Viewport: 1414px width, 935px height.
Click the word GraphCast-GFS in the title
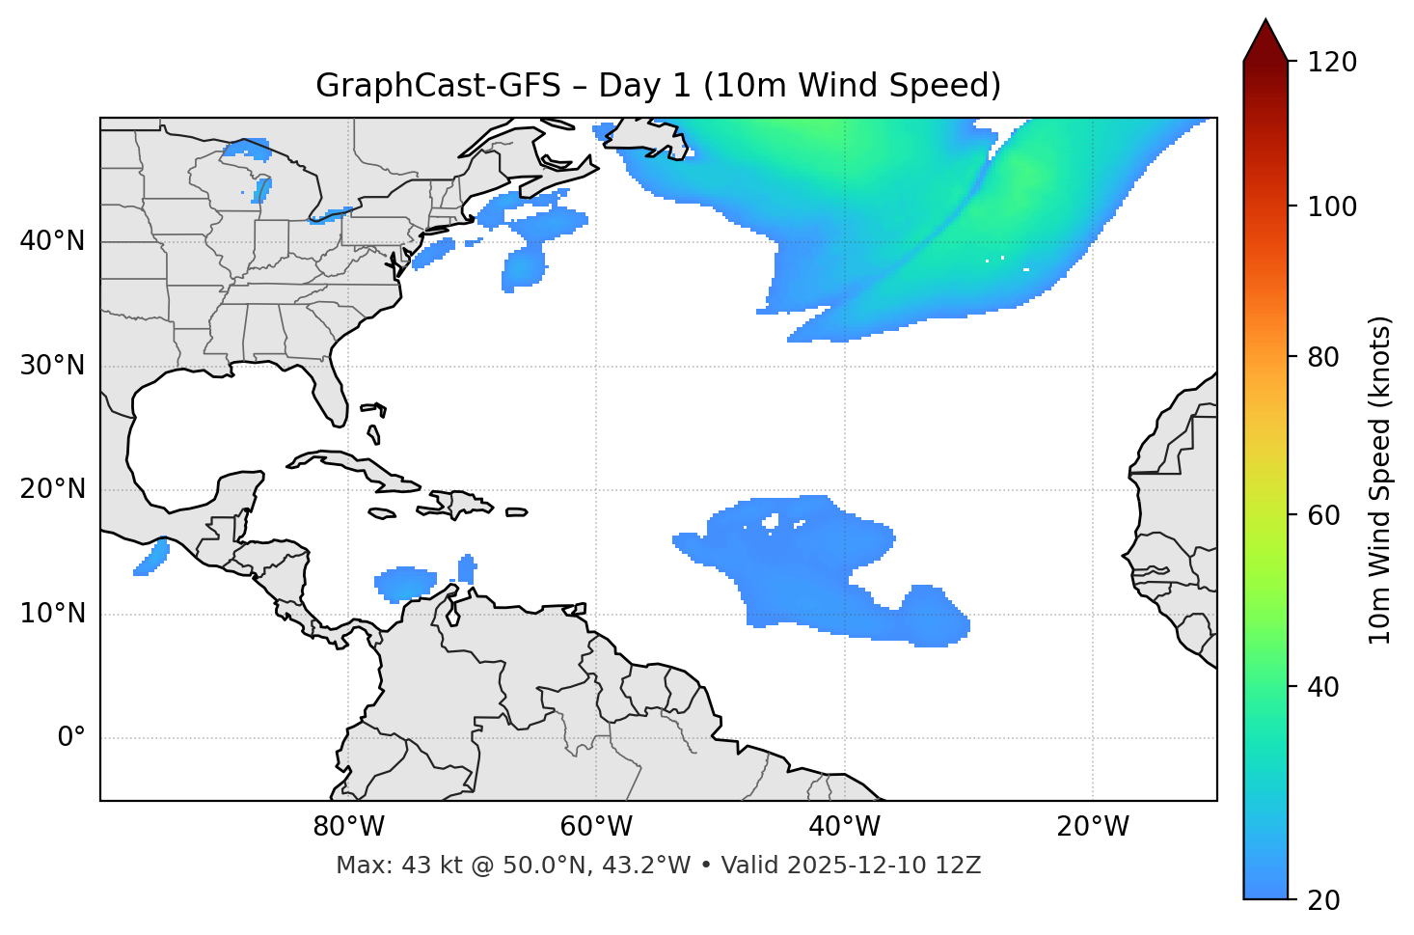(438, 86)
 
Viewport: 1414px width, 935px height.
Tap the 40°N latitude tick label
(52, 241)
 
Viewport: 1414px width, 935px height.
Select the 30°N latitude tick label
(52, 366)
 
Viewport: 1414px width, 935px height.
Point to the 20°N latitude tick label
(52, 489)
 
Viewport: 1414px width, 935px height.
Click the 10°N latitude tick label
(52, 614)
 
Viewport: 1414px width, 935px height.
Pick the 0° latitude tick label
(71, 738)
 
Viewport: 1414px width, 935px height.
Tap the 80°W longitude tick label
(348, 827)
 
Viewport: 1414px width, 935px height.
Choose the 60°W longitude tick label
(596, 827)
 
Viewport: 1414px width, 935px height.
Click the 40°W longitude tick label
(844, 827)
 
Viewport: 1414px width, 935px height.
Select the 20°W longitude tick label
(1092, 827)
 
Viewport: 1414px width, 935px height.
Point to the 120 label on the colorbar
(1331, 63)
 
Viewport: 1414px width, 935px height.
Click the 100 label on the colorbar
(1331, 206)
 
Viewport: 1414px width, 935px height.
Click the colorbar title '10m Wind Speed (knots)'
(1380, 480)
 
